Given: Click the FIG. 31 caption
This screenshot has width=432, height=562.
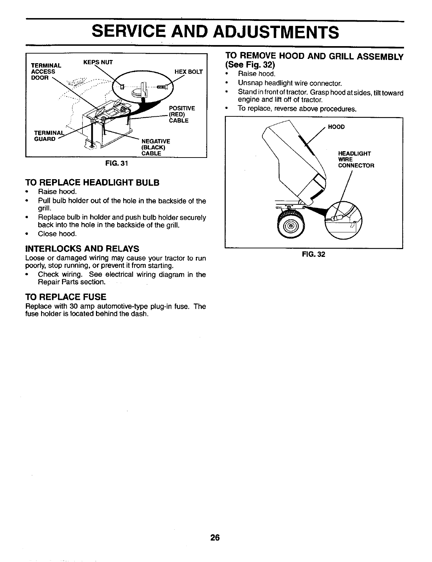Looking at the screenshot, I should (x=116, y=164).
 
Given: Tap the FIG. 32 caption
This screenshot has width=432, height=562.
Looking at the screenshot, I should (x=313, y=254).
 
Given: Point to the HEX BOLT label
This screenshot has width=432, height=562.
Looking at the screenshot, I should (x=189, y=72).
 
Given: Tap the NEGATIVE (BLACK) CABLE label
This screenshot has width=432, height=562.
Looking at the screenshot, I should (x=155, y=147).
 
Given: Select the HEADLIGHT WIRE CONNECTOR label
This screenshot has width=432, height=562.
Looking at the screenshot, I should (x=356, y=159).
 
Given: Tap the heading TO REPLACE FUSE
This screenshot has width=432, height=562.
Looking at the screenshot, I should (x=66, y=297).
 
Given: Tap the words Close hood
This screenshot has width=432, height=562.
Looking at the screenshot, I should (x=57, y=234).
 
